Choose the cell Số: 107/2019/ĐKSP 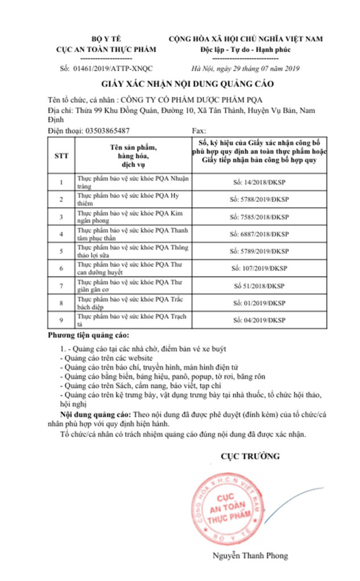coord(259,267)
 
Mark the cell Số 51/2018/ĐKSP coord(259,285)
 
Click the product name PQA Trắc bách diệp coord(133,302)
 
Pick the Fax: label coord(199,130)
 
